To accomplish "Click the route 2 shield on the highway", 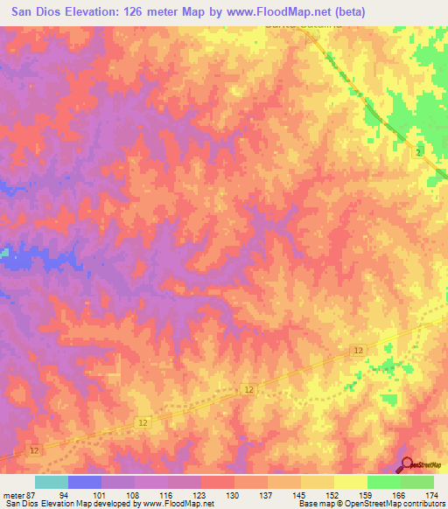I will point(419,153).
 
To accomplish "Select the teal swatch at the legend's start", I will point(52,482).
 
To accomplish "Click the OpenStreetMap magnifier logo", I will point(409,465).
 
